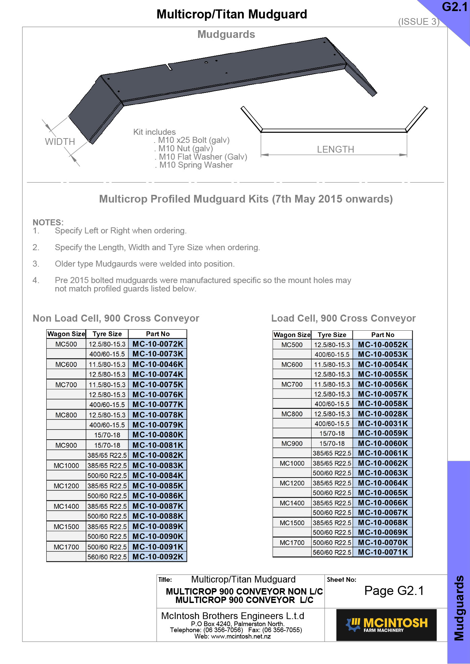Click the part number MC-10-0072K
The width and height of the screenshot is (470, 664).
158,344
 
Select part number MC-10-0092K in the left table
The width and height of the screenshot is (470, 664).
158,557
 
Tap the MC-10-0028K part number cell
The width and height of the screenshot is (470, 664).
383,413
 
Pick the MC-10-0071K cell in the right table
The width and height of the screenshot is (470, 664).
383,552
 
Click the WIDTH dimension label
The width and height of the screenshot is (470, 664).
60,142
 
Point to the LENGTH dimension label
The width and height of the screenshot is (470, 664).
335,150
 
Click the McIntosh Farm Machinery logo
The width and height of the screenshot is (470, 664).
386,625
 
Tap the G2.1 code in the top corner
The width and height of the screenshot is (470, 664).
455,7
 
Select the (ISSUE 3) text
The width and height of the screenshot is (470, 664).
419,22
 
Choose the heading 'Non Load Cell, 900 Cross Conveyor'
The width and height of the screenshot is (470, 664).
116,318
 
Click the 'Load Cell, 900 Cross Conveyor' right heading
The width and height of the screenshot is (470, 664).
343,318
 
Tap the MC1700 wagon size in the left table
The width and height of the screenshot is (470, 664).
66,547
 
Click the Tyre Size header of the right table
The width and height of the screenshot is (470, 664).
332,335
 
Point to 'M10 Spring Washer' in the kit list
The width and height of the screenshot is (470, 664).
196,165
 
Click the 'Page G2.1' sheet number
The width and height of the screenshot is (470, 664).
394,591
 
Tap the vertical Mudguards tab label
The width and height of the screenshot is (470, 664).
459,608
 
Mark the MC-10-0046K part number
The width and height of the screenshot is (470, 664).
158,364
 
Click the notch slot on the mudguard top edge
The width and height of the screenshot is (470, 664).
169,67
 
